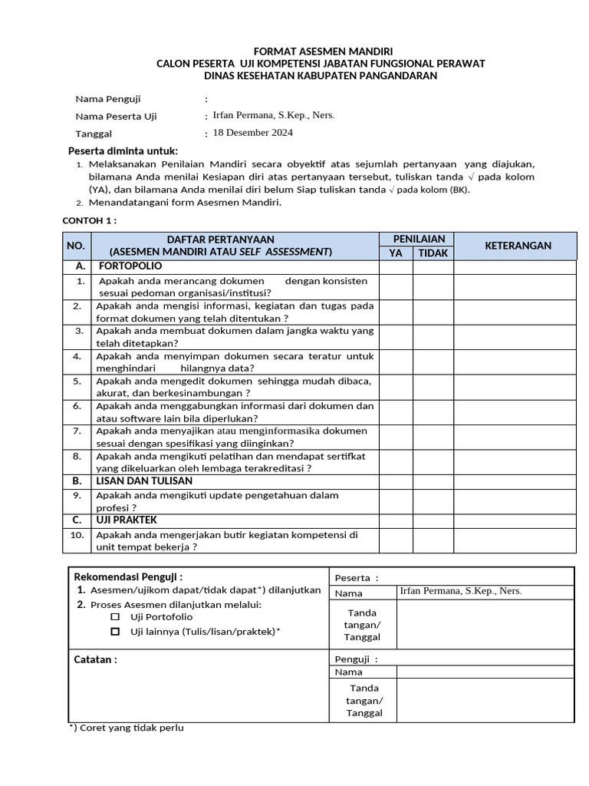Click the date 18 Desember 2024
point(252,132)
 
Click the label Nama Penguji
point(107,99)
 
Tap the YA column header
point(396,253)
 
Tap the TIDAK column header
point(433,253)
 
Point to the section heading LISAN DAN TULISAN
point(143,481)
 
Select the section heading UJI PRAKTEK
point(126,520)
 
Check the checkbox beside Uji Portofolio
point(115,617)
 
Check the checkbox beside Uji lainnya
point(115,632)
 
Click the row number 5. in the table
point(77,381)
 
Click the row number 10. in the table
point(77,535)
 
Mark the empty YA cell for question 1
point(396,286)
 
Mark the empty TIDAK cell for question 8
point(433,462)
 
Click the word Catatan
point(95,659)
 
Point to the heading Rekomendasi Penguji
point(128,577)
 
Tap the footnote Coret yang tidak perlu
point(127,728)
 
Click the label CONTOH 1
point(89,221)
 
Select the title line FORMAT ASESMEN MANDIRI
point(320,51)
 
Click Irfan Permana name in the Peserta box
point(460,591)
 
